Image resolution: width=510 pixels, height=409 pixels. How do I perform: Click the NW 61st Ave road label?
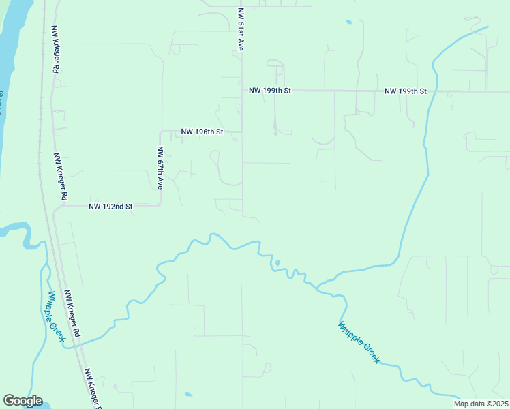pyautogui.click(x=241, y=30)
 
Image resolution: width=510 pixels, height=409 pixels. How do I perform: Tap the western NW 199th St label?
pyautogui.click(x=270, y=91)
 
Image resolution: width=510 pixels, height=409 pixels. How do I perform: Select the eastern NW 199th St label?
pyautogui.click(x=405, y=91)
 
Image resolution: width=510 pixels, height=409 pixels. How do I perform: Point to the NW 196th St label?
pyautogui.click(x=202, y=132)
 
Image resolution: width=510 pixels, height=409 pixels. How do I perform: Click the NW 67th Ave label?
pyautogui.click(x=160, y=168)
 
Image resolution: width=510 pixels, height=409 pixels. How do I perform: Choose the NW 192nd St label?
pyautogui.click(x=110, y=206)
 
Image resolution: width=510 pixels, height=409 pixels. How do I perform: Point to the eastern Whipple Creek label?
pyautogui.click(x=359, y=342)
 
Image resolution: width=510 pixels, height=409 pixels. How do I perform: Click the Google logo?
pyautogui.click(x=22, y=401)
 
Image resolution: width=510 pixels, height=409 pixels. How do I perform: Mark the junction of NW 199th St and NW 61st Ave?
pyautogui.click(x=242, y=91)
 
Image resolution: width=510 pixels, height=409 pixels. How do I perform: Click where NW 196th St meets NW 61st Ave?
pyautogui.click(x=242, y=132)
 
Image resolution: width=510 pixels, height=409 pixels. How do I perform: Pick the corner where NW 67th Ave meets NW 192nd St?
pyautogui.click(x=160, y=206)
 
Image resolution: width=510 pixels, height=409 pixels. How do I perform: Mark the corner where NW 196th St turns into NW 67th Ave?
pyautogui.click(x=160, y=132)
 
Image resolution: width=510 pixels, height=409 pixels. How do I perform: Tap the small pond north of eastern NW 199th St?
pyautogui.click(x=349, y=22)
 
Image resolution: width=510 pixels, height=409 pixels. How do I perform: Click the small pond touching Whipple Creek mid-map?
pyautogui.click(x=277, y=263)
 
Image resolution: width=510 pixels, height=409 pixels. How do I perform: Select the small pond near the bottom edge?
pyautogui.click(x=187, y=394)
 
